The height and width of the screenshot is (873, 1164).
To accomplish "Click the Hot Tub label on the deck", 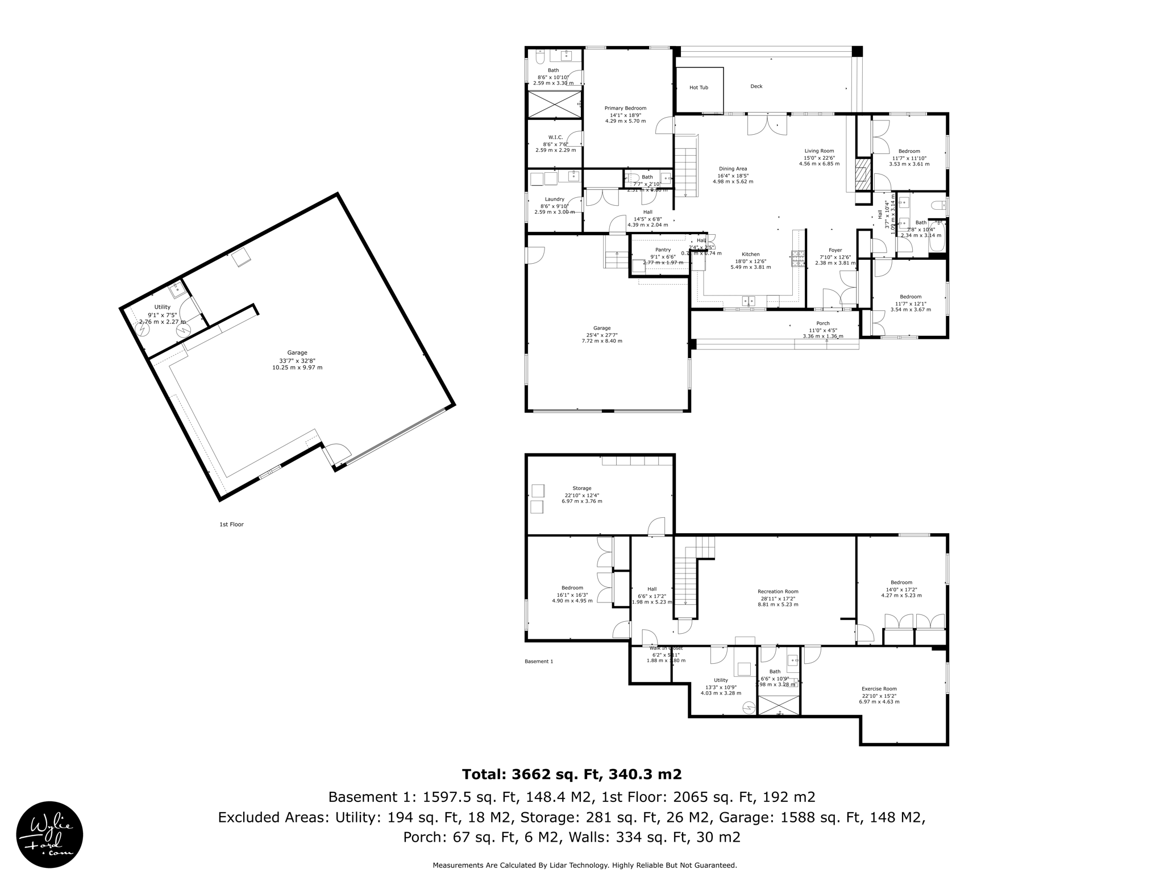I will tap(699, 88).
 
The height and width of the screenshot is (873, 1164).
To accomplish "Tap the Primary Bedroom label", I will tap(625, 108).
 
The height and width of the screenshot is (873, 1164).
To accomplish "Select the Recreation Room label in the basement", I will tap(778, 592).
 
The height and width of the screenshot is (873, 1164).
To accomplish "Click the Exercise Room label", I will tap(879, 689).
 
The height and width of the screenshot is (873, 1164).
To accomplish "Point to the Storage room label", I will tap(581, 488).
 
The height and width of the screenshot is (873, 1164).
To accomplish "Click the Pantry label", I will tap(663, 250).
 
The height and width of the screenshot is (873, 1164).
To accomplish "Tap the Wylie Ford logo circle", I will tap(49, 834).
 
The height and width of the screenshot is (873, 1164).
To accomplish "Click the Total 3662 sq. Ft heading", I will tap(571, 774).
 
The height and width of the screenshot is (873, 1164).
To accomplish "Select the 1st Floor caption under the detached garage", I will tap(231, 525).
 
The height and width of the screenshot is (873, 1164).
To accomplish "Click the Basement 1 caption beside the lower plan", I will tap(538, 662).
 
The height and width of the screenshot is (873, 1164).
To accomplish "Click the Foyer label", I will tap(835, 250).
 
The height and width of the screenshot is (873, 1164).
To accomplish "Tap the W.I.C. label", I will tap(555, 138).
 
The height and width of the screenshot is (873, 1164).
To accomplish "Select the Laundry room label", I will tap(554, 199).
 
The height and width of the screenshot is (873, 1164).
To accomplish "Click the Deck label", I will tap(756, 86).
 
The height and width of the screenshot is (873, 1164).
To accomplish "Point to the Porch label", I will tap(822, 323).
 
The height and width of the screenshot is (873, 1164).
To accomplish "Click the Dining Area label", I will tap(733, 169).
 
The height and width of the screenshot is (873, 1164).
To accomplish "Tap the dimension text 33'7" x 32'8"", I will tap(297, 360).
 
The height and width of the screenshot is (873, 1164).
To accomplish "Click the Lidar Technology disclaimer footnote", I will tap(584, 865).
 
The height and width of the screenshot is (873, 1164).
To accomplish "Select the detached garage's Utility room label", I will tap(162, 307).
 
